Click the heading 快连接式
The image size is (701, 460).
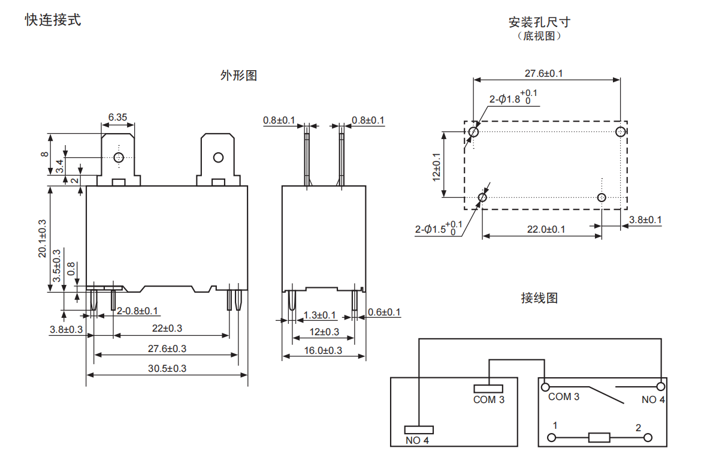(x=53, y=20)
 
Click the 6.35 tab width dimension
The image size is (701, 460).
(x=117, y=118)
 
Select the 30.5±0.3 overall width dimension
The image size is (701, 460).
(x=167, y=368)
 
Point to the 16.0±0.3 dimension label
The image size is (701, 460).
(x=324, y=350)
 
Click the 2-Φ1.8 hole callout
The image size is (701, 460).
(x=513, y=98)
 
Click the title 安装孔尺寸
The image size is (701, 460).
(x=539, y=22)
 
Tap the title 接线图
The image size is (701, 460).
(x=539, y=297)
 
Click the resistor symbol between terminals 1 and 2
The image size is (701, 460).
(x=599, y=437)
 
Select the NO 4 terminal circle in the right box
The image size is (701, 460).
(x=661, y=386)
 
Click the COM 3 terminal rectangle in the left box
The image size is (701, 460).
(x=489, y=389)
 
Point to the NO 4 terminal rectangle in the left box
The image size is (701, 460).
(x=418, y=429)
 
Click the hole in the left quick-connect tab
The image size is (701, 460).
(x=119, y=157)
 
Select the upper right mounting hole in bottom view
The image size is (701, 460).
(x=621, y=131)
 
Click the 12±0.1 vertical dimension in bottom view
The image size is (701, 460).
(x=436, y=166)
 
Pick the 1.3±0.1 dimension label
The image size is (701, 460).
(x=319, y=315)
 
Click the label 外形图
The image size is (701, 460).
(x=238, y=76)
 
